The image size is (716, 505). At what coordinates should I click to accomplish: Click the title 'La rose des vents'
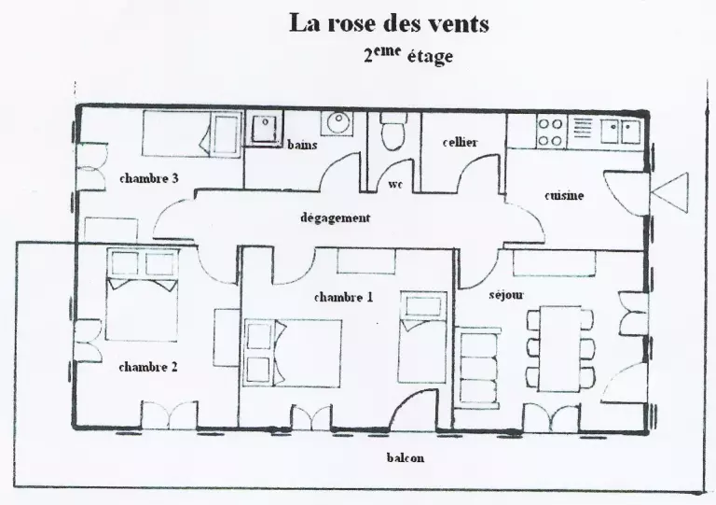[x=389, y=23]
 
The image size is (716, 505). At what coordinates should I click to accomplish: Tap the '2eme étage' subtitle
[x=408, y=56]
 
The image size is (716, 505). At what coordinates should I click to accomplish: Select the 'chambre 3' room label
[x=149, y=178]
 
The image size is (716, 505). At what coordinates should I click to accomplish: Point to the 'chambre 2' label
[x=148, y=367]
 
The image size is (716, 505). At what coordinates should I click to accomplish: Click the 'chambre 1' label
[x=343, y=297]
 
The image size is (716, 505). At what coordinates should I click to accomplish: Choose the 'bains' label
[x=302, y=145]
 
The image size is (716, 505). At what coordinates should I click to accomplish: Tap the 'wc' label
[x=395, y=185]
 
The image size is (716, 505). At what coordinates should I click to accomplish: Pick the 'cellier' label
[x=460, y=142]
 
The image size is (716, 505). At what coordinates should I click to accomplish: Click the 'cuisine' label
[x=564, y=196]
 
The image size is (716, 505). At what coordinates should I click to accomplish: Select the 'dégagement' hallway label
[x=336, y=218]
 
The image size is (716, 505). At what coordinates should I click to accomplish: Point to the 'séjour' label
[x=506, y=295]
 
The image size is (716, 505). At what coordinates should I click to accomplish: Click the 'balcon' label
[x=405, y=457]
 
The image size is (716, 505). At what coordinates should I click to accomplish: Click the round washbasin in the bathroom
[x=338, y=122]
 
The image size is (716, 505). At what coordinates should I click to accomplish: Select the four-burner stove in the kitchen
[x=550, y=132]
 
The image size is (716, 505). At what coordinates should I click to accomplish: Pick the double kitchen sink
[x=621, y=131]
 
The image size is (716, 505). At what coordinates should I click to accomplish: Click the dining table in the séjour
[x=560, y=349]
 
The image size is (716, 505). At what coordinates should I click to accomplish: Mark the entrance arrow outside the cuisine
[x=670, y=193]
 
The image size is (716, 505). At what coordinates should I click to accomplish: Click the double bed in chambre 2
[x=142, y=295]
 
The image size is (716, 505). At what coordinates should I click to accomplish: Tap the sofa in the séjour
[x=478, y=366]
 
